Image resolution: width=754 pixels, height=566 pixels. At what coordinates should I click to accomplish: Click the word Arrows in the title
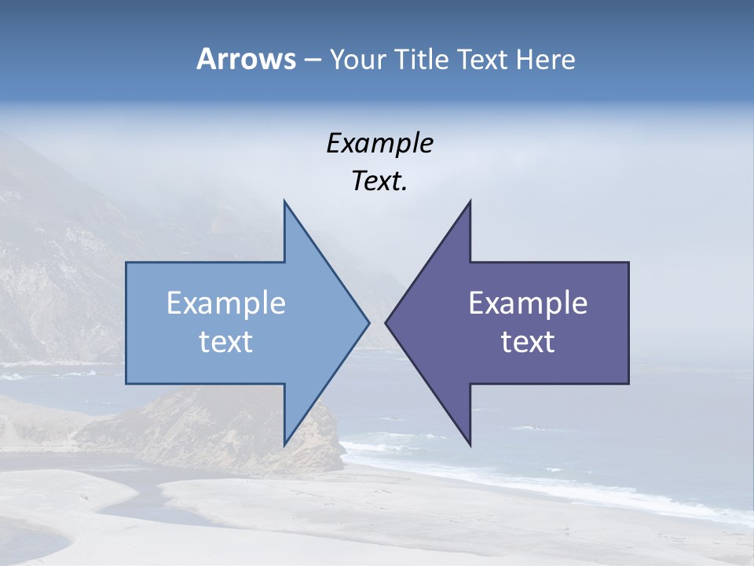click(x=245, y=59)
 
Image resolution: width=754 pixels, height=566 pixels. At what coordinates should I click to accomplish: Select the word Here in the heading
click(x=546, y=60)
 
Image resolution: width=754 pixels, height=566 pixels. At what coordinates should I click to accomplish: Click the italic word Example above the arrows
click(x=380, y=144)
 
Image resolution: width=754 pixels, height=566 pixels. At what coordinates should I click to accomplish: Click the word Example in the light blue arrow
click(x=226, y=303)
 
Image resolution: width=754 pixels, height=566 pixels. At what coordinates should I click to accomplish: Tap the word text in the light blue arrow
click(x=226, y=342)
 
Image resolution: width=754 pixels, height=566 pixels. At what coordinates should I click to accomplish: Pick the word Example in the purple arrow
click(x=528, y=303)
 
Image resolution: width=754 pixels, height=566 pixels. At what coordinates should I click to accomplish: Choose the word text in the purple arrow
click(x=528, y=342)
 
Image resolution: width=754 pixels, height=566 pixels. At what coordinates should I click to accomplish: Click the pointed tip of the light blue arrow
click(x=368, y=322)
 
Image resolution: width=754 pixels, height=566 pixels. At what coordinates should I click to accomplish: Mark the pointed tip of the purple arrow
click(x=386, y=322)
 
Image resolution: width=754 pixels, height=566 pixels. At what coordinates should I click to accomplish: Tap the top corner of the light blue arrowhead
click(x=285, y=202)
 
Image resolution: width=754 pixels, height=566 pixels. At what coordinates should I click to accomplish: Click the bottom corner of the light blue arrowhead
click(x=285, y=444)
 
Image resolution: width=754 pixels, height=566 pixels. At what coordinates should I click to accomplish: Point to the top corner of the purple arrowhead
click(x=470, y=202)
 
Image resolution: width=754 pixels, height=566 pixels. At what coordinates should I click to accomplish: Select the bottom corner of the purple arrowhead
click(x=470, y=444)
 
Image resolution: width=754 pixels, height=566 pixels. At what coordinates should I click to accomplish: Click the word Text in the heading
click(x=483, y=60)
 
